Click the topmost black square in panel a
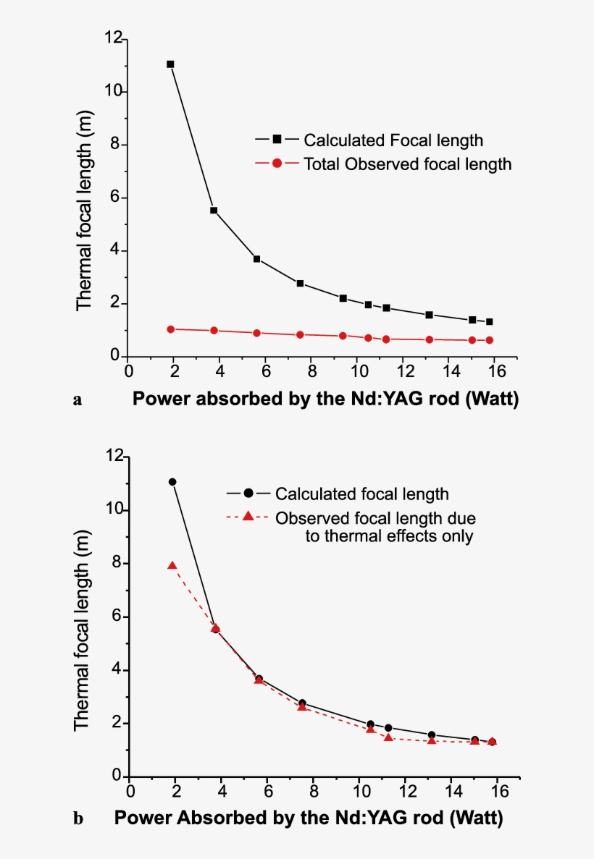(x=170, y=64)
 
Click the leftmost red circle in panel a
(x=171, y=329)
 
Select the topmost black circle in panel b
(x=172, y=482)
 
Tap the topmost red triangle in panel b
(x=172, y=565)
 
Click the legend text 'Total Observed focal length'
(x=407, y=164)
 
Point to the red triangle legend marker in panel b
(x=248, y=517)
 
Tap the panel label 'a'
(x=77, y=399)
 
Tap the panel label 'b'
(x=78, y=820)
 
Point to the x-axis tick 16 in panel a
(x=493, y=371)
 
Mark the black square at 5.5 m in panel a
(x=214, y=211)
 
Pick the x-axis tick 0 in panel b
(x=130, y=792)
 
